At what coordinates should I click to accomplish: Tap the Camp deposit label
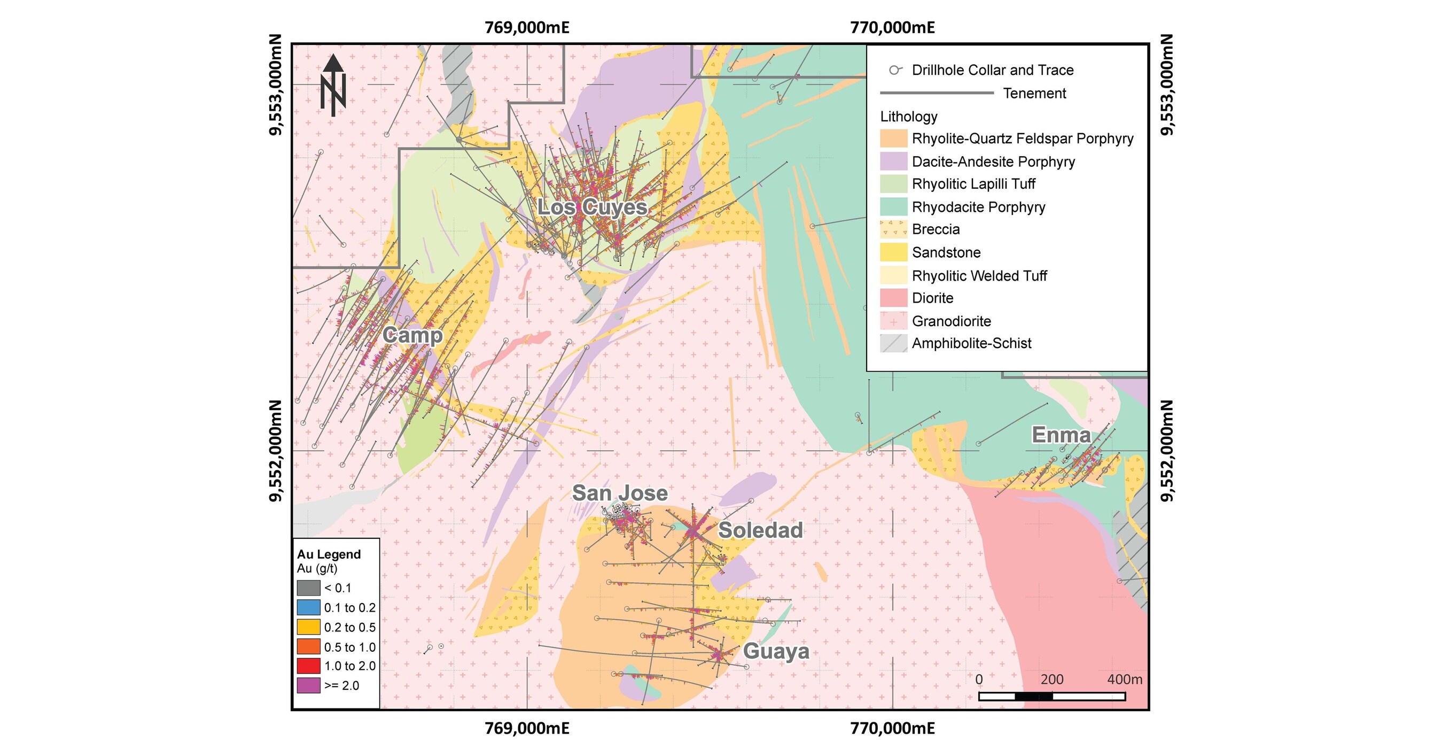pos(412,335)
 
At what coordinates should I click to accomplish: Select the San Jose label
pos(620,493)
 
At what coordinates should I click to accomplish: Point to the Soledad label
pos(760,530)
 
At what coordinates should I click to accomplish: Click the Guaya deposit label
pos(776,651)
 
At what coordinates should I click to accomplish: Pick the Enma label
pos(1062,435)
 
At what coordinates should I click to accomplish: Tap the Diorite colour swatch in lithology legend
pos(893,298)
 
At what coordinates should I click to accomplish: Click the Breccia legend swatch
pos(893,229)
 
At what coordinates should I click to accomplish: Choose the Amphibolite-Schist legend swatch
pos(893,343)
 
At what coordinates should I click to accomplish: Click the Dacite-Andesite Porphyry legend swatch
pos(893,161)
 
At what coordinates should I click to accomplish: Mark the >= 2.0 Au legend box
pos(308,685)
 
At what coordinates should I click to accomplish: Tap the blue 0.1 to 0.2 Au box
pos(308,607)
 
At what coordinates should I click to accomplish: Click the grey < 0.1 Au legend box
pos(308,588)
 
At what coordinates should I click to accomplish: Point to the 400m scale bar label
pos(1124,680)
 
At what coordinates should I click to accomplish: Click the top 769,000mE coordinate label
pos(527,27)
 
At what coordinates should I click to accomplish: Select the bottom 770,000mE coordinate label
pos(892,729)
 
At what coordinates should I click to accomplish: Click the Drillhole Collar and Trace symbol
pos(895,70)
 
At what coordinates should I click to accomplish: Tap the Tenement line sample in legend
pos(937,93)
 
